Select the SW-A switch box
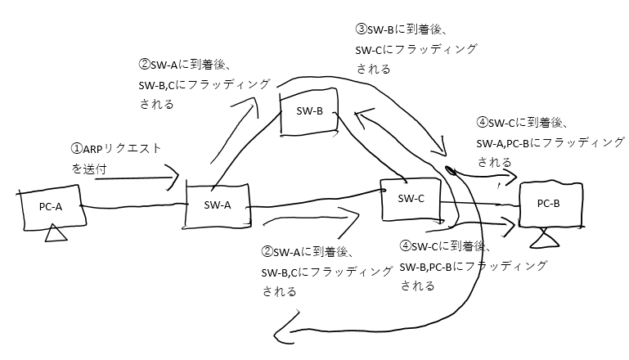(218, 205)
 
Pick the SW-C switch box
(410, 198)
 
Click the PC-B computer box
(550, 204)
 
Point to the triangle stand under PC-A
(56, 235)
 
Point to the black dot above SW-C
(449, 171)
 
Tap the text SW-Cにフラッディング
(416, 50)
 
